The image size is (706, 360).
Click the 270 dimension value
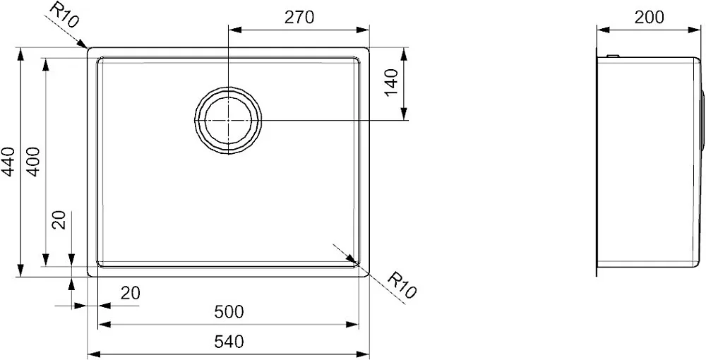299,17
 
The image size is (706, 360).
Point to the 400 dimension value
35,162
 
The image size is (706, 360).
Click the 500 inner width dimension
229,311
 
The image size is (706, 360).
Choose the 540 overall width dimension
229,342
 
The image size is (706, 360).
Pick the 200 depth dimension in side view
650,17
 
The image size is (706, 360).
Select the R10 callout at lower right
401,285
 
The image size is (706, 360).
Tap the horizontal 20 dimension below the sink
131,294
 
